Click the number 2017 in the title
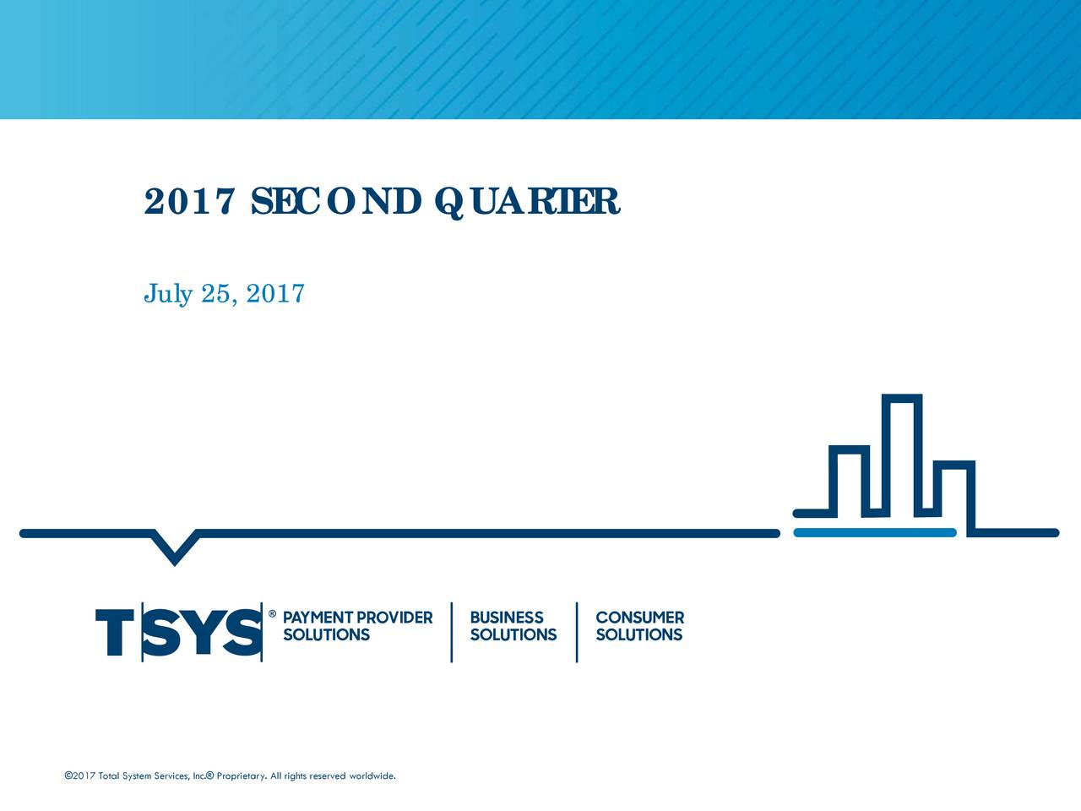pyautogui.click(x=188, y=201)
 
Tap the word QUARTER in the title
pyautogui.click(x=529, y=201)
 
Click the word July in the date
pyautogui.click(x=168, y=293)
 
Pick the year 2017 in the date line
pyautogui.click(x=275, y=293)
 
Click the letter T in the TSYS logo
pyautogui.click(x=117, y=632)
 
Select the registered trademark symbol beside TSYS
pyautogui.click(x=272, y=614)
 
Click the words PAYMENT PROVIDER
pyautogui.click(x=357, y=618)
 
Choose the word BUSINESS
pyautogui.click(x=507, y=618)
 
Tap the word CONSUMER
pyautogui.click(x=639, y=618)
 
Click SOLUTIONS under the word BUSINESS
pyautogui.click(x=513, y=634)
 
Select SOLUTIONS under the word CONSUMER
pyautogui.click(x=638, y=634)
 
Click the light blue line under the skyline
pyautogui.click(x=875, y=532)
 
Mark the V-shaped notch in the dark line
pyautogui.click(x=175, y=547)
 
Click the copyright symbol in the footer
pyautogui.click(x=68, y=776)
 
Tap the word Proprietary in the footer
pyautogui.click(x=242, y=776)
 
